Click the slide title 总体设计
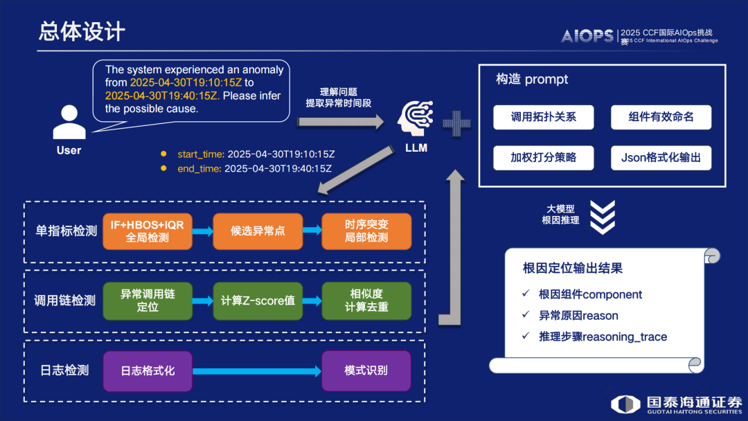coord(82,32)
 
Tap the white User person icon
coord(69,122)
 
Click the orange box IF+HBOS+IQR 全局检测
coord(148,231)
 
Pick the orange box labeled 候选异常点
coord(258,231)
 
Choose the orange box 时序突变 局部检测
coord(366,231)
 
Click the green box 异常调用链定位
coord(148,301)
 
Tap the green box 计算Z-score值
coord(258,301)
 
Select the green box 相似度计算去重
coord(366,301)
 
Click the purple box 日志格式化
coord(148,370)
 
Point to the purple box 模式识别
coord(366,370)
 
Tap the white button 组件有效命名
coord(661,117)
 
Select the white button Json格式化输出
coord(661,158)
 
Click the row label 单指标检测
coord(66,231)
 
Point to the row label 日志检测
coord(63,370)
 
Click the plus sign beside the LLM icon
coord(456,123)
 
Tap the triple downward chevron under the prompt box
coord(603,217)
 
